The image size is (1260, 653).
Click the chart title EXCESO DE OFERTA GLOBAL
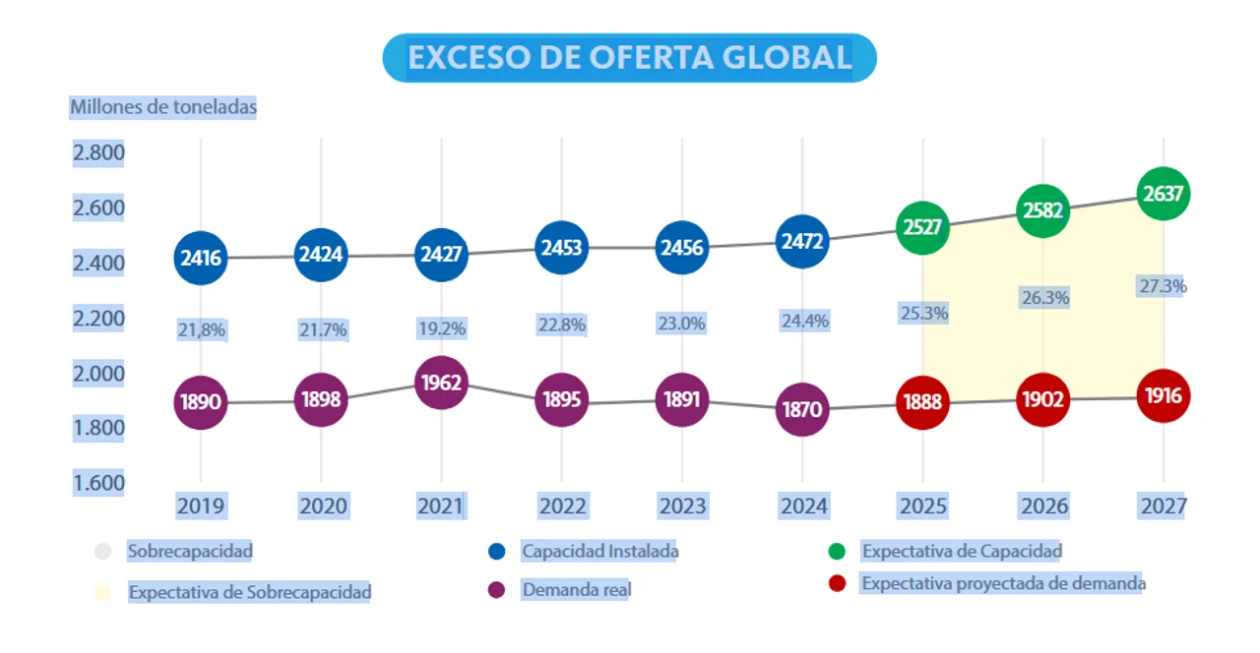(629, 58)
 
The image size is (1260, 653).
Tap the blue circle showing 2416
(201, 259)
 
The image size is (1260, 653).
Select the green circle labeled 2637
(1164, 194)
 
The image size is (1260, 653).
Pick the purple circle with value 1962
(441, 383)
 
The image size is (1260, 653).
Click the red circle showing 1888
(923, 402)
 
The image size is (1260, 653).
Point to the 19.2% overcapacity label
(441, 328)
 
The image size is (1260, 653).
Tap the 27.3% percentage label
(1163, 286)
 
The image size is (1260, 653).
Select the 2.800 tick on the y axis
(97, 152)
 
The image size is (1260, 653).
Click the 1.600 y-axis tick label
(97, 483)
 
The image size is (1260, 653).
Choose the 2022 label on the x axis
(562, 506)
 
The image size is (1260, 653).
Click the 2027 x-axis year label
(1164, 506)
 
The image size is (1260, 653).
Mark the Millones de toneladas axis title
(162, 107)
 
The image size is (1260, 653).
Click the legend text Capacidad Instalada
(599, 552)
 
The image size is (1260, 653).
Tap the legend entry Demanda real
(576, 590)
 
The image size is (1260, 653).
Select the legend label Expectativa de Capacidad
(962, 552)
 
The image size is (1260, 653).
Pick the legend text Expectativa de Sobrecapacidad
(250, 593)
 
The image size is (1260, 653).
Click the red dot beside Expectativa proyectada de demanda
(838, 583)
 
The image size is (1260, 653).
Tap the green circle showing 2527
(922, 227)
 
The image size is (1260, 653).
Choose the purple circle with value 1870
(802, 409)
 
